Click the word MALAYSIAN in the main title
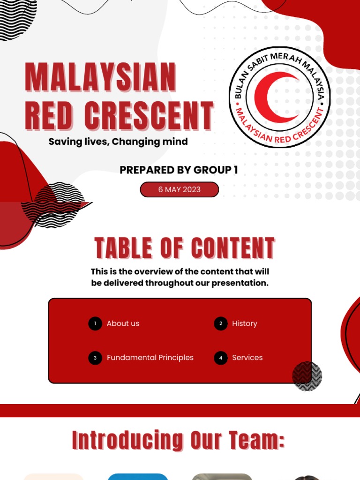100,77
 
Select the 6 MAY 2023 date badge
179,189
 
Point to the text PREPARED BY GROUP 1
179,170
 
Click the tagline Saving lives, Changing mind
118,142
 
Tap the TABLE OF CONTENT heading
184,248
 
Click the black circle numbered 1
95,323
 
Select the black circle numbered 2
221,323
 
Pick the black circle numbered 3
95,358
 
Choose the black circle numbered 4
221,358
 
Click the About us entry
123,323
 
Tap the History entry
245,323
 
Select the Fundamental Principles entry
150,358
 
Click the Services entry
247,358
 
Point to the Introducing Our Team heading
179,441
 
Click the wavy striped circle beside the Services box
307,376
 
